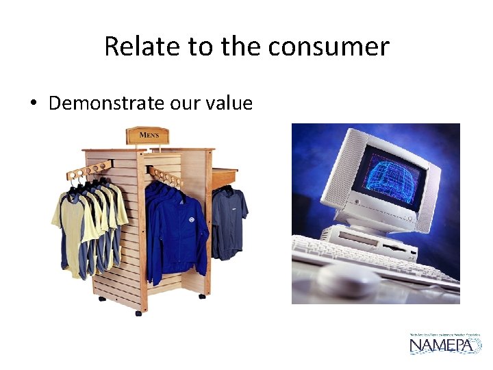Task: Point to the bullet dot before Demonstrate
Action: point(33,104)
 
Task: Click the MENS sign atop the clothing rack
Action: point(149,135)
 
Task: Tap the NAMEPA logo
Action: point(445,343)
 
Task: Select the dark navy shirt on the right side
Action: point(229,219)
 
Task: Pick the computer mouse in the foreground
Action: point(349,279)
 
